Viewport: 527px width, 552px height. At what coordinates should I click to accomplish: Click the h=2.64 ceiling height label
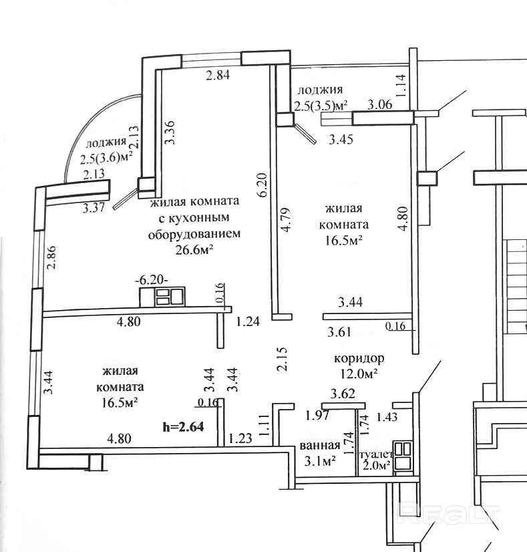[185, 425]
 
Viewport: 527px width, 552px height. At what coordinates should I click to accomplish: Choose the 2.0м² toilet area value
[375, 467]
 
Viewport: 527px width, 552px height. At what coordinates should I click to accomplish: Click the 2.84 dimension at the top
[218, 76]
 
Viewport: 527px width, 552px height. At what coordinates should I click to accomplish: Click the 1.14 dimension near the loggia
[401, 86]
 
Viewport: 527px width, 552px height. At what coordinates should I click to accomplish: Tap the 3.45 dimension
[341, 140]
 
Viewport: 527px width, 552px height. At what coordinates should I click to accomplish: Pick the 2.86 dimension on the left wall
[51, 257]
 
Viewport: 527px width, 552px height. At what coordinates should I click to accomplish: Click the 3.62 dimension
[344, 394]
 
